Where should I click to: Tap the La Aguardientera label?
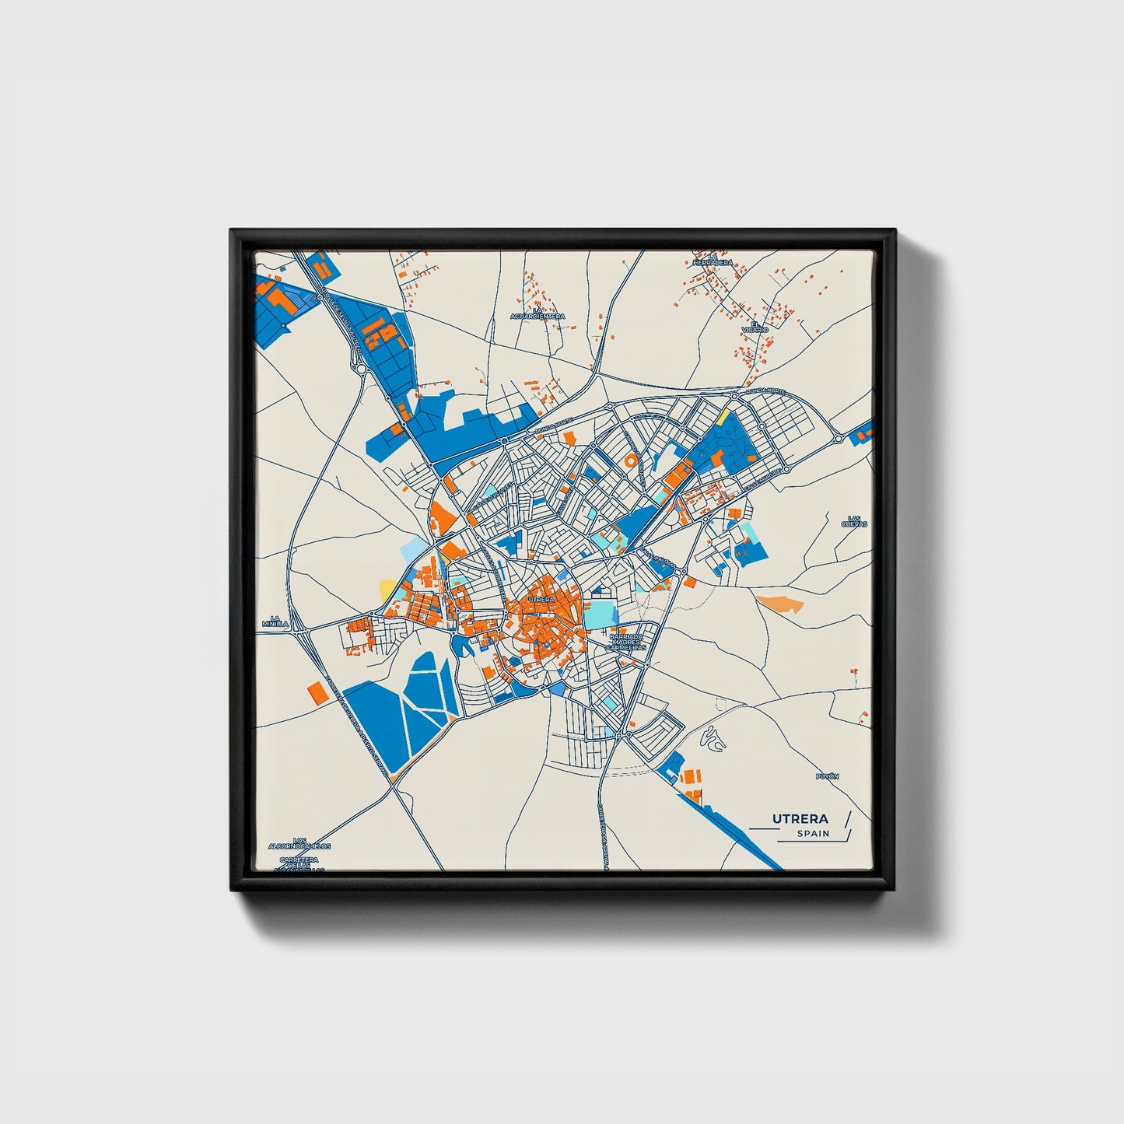(537, 313)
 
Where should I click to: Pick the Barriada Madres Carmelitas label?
(626, 641)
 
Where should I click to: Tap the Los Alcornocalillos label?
(299, 842)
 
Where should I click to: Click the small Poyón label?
(828, 776)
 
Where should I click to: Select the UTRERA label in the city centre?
(541, 600)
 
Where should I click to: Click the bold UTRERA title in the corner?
(800, 818)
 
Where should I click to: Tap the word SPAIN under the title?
(813, 834)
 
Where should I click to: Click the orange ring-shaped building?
(630, 460)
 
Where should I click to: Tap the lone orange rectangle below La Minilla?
(315, 691)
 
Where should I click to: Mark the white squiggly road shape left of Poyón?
(713, 739)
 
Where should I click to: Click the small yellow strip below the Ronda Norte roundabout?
(723, 417)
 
